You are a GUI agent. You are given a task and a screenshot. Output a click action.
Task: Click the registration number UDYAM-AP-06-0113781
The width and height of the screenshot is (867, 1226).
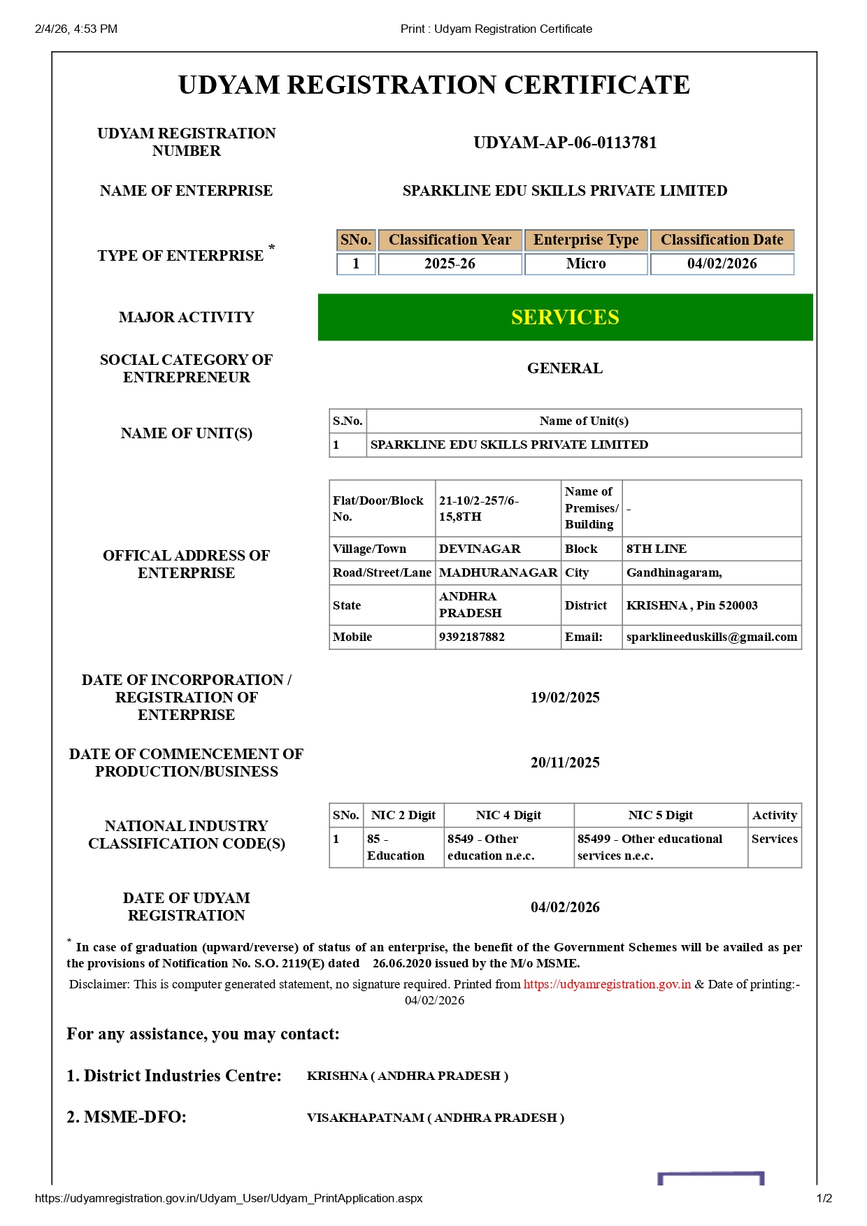565,143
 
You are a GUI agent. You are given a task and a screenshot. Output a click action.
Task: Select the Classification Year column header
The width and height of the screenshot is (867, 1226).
450,240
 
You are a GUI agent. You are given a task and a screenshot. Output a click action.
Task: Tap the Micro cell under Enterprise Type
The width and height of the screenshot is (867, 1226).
586,264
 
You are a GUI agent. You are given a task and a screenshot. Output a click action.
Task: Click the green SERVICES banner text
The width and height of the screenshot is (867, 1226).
565,317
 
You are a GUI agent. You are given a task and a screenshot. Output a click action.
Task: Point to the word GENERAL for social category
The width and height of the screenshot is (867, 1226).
565,368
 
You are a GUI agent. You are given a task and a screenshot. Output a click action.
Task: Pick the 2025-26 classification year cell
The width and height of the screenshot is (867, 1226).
450,264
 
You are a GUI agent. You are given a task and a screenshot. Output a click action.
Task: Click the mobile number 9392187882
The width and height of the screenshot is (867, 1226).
472,637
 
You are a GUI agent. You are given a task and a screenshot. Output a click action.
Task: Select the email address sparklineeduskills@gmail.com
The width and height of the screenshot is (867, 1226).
711,637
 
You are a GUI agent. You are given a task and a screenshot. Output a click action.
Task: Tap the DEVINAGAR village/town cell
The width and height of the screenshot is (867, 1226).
480,549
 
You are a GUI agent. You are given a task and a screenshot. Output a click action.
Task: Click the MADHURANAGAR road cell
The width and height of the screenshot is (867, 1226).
498,572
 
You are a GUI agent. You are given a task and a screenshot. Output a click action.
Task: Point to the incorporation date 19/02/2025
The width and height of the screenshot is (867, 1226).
565,698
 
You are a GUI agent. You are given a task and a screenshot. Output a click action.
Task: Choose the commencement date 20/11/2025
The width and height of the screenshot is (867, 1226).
565,763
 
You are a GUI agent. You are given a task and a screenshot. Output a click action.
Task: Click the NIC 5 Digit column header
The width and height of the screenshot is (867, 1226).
660,815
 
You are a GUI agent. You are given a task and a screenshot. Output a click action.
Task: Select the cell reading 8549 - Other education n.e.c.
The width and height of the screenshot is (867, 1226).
491,847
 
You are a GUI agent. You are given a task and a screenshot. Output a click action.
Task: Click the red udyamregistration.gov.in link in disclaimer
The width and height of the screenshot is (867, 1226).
607,984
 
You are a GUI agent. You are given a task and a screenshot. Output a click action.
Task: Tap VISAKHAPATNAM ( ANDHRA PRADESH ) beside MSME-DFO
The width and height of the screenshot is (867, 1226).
436,1118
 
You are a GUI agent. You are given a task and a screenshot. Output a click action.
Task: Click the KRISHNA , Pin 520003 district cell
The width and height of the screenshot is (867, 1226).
692,605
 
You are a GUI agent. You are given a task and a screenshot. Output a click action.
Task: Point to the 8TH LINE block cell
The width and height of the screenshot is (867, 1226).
657,549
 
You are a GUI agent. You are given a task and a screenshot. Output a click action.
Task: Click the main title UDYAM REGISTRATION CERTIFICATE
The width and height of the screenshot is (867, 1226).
434,85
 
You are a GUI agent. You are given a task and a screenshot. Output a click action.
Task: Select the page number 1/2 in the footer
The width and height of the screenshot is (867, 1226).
824,1198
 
